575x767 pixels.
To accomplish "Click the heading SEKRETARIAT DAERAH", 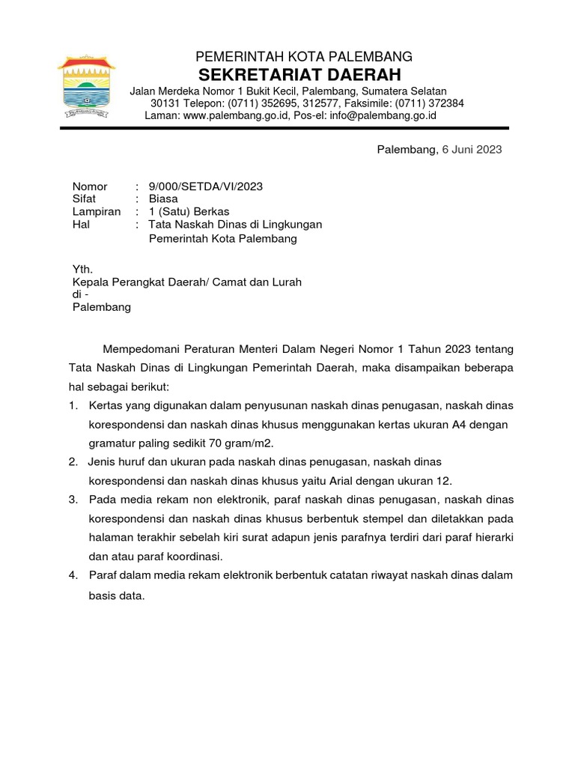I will click(299, 75).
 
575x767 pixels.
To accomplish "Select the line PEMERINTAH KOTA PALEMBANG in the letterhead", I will click(304, 57).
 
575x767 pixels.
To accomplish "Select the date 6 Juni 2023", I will click(472, 150).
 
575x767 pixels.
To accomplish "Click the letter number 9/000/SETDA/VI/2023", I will click(206, 187).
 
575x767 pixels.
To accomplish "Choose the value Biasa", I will click(163, 199).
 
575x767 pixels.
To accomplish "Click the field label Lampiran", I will click(96, 212).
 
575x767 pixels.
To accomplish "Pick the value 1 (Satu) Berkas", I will click(189, 212).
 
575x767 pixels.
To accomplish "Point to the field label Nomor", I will click(90, 187).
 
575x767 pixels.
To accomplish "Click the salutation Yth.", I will click(82, 270).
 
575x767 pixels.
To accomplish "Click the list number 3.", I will click(73, 499).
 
